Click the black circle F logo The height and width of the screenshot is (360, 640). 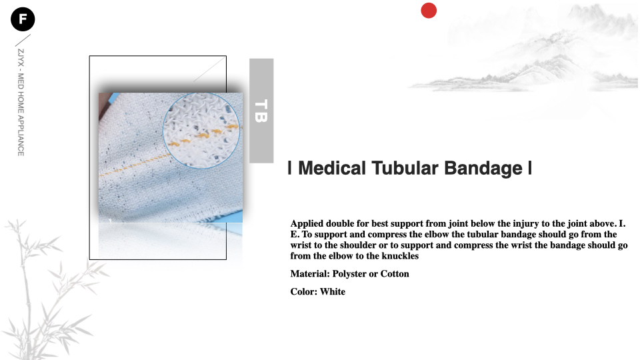pos(23,19)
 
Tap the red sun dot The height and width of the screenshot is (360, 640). pos(429,11)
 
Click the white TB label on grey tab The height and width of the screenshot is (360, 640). pos(261,111)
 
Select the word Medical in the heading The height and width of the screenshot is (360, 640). pos(332,168)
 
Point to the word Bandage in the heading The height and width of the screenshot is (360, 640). pos(483,169)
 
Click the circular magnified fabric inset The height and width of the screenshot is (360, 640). pos(201,131)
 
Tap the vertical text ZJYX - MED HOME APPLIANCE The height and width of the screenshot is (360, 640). pos(21,103)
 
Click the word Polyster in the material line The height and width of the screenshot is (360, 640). pos(349,274)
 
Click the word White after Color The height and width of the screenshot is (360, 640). pos(333,291)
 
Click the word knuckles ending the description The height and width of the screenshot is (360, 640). pos(400,256)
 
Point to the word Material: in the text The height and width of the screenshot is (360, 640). pos(310,274)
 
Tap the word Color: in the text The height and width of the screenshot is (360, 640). pos(304,291)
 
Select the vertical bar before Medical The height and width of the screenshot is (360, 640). pos(289,168)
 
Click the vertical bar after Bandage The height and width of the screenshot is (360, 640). pos(530,168)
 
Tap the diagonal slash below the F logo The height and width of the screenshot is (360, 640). pos(23,40)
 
